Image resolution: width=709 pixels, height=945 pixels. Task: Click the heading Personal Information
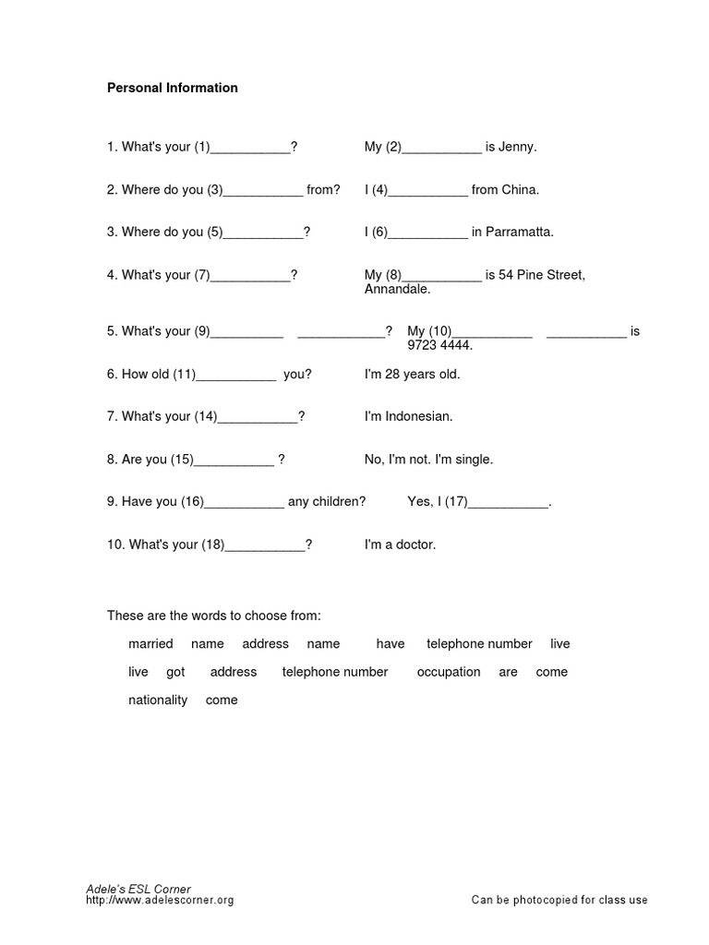click(173, 88)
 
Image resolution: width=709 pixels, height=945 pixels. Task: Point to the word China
click(520, 189)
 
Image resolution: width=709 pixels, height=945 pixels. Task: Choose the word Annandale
click(398, 289)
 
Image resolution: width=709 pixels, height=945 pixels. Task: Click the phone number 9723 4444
click(439, 345)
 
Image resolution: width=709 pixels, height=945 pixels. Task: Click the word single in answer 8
click(475, 459)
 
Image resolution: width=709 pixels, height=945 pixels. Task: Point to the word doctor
click(415, 544)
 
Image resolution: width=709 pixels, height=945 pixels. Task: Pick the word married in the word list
click(150, 643)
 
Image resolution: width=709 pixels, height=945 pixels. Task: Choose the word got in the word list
click(175, 672)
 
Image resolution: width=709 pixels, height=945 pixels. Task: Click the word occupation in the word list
click(449, 672)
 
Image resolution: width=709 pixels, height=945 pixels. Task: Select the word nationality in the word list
click(158, 700)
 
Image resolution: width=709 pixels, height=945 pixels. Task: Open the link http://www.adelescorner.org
click(160, 900)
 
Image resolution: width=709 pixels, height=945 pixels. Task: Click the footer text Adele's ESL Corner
click(138, 888)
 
